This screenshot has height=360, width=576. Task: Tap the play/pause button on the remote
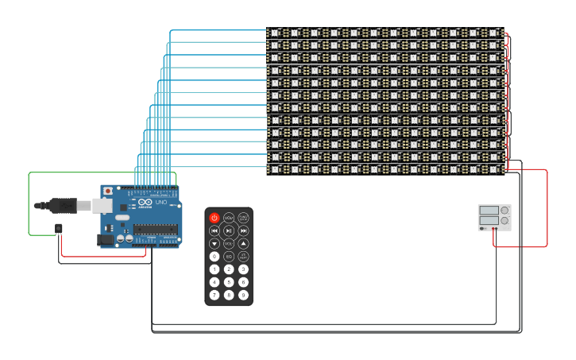(229, 230)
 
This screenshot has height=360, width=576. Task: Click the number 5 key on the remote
(229, 282)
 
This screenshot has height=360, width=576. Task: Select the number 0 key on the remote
(215, 256)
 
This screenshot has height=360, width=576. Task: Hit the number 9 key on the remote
(243, 295)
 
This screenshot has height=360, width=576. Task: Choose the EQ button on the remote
(229, 256)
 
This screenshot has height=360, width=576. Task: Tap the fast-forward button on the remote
(243, 230)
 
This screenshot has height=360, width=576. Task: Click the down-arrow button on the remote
(215, 243)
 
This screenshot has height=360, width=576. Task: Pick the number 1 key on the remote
(215, 269)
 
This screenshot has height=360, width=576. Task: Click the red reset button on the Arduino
(108, 192)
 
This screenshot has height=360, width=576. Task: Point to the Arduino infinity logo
(145, 203)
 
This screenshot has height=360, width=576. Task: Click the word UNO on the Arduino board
(160, 203)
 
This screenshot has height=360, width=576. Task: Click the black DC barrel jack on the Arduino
(104, 239)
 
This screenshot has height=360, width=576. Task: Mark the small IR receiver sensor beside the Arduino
(59, 229)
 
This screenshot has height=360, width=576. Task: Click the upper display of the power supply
(489, 211)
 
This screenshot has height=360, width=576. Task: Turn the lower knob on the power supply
(504, 220)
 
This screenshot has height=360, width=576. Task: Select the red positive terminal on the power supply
(497, 229)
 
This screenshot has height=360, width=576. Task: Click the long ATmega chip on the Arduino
(156, 230)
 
